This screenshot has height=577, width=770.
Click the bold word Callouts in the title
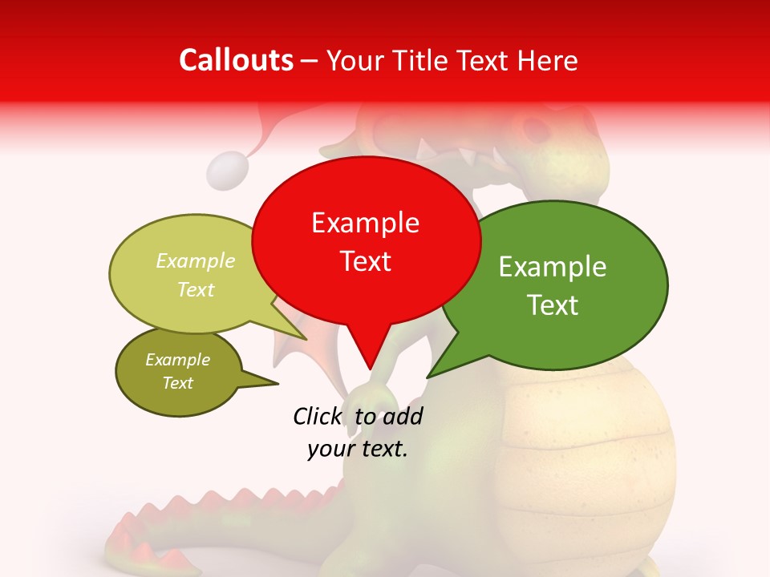pyautogui.click(x=236, y=60)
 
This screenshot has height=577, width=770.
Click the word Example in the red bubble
pyautogui.click(x=365, y=223)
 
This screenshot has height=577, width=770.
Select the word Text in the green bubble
pyautogui.click(x=553, y=305)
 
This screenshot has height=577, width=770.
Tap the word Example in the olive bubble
pyautogui.click(x=177, y=360)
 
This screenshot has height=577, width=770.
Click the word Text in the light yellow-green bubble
pyautogui.click(x=196, y=289)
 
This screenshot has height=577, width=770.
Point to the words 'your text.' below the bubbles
pyautogui.click(x=358, y=450)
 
